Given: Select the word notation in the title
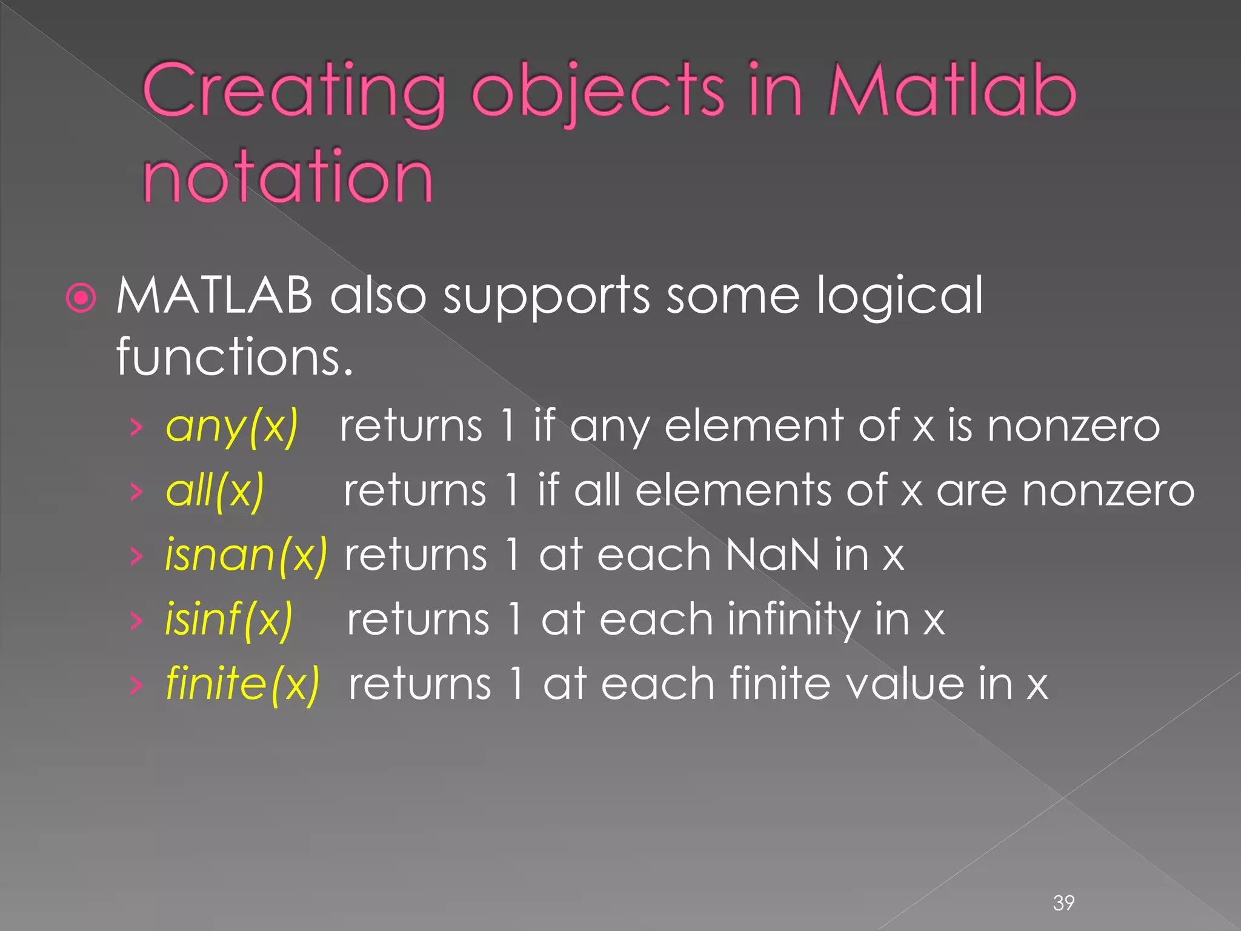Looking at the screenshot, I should click(x=288, y=177).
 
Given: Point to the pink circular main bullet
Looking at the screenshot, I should click(x=81, y=298).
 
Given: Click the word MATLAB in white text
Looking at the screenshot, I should click(x=214, y=296).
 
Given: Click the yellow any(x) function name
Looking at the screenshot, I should click(x=232, y=426).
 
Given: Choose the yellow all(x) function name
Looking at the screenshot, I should click(x=215, y=490).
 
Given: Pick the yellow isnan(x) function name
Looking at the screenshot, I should click(x=246, y=555).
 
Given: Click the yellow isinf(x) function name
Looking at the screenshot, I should click(x=229, y=619).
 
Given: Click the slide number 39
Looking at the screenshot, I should click(x=1063, y=903).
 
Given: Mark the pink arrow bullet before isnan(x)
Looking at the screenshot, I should click(x=136, y=555).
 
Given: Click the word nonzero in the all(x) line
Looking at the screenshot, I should click(x=1108, y=490).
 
